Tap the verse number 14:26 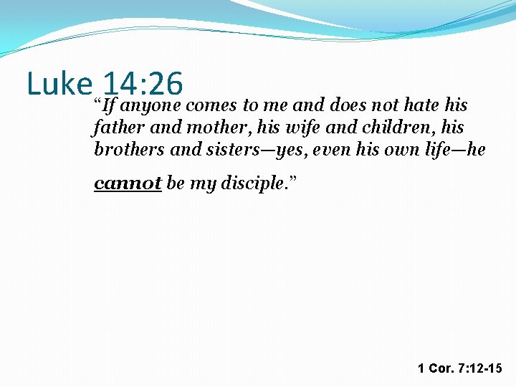143,85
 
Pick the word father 115,128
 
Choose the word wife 285,128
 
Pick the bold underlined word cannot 128,183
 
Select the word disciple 254,183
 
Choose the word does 348,105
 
